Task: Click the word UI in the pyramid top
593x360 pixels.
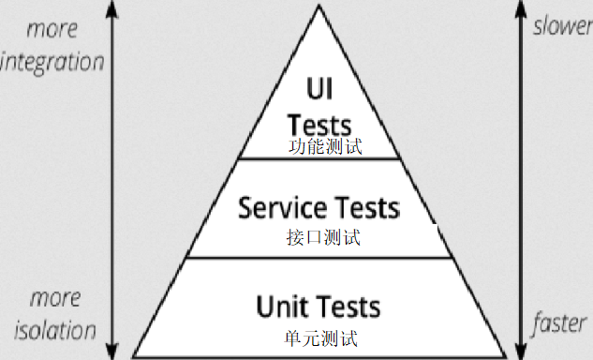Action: [319, 89]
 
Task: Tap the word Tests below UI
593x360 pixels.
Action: [319, 125]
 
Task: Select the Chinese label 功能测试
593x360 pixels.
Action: [324, 147]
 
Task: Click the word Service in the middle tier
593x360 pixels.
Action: [282, 207]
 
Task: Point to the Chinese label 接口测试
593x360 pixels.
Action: [323, 237]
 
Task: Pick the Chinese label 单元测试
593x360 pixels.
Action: [320, 337]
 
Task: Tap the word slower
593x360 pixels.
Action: [562, 25]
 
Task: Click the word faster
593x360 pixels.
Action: [560, 325]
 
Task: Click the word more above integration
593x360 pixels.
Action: [52, 29]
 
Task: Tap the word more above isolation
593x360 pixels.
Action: [54, 298]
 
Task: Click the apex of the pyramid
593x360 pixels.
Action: [319, 7]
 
